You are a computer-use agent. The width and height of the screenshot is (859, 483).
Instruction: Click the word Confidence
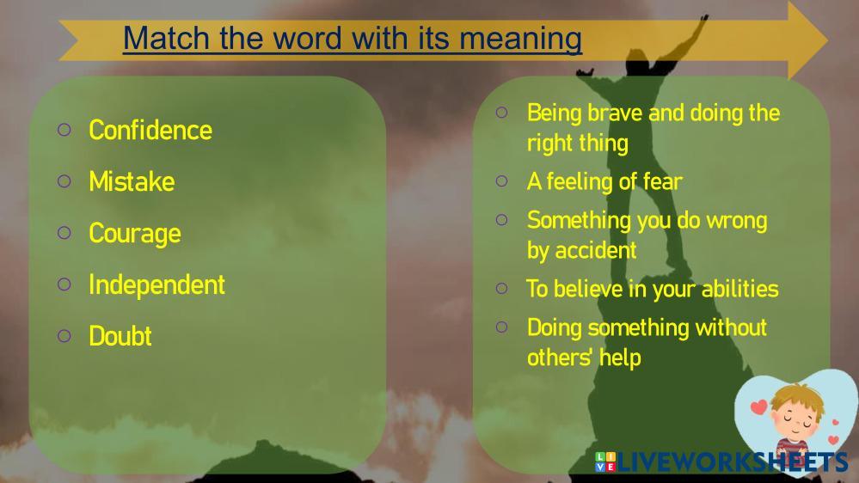click(x=150, y=131)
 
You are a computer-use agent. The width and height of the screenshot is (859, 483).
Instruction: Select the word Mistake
click(x=132, y=182)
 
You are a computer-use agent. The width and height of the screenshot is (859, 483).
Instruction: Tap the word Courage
click(x=135, y=234)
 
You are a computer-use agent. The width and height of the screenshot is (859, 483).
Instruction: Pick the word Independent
click(x=156, y=284)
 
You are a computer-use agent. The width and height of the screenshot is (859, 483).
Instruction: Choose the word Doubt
click(x=120, y=336)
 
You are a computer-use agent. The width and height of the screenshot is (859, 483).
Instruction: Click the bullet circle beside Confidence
click(x=64, y=130)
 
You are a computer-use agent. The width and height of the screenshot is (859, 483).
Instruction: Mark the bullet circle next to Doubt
click(x=64, y=336)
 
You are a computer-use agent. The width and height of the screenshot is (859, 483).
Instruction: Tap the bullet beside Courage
click(x=64, y=233)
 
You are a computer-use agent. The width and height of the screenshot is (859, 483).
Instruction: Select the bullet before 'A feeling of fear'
click(x=502, y=181)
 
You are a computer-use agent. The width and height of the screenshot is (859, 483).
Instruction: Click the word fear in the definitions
click(x=663, y=181)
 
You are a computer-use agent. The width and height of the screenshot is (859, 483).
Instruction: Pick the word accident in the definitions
click(x=596, y=250)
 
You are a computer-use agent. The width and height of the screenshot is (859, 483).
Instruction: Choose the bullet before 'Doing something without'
click(x=502, y=327)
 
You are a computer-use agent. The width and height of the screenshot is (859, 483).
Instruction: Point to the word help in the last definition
click(x=620, y=358)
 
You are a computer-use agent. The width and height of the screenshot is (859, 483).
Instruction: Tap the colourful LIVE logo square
click(x=605, y=462)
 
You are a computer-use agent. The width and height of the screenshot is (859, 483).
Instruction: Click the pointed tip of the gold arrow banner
click(x=828, y=40)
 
